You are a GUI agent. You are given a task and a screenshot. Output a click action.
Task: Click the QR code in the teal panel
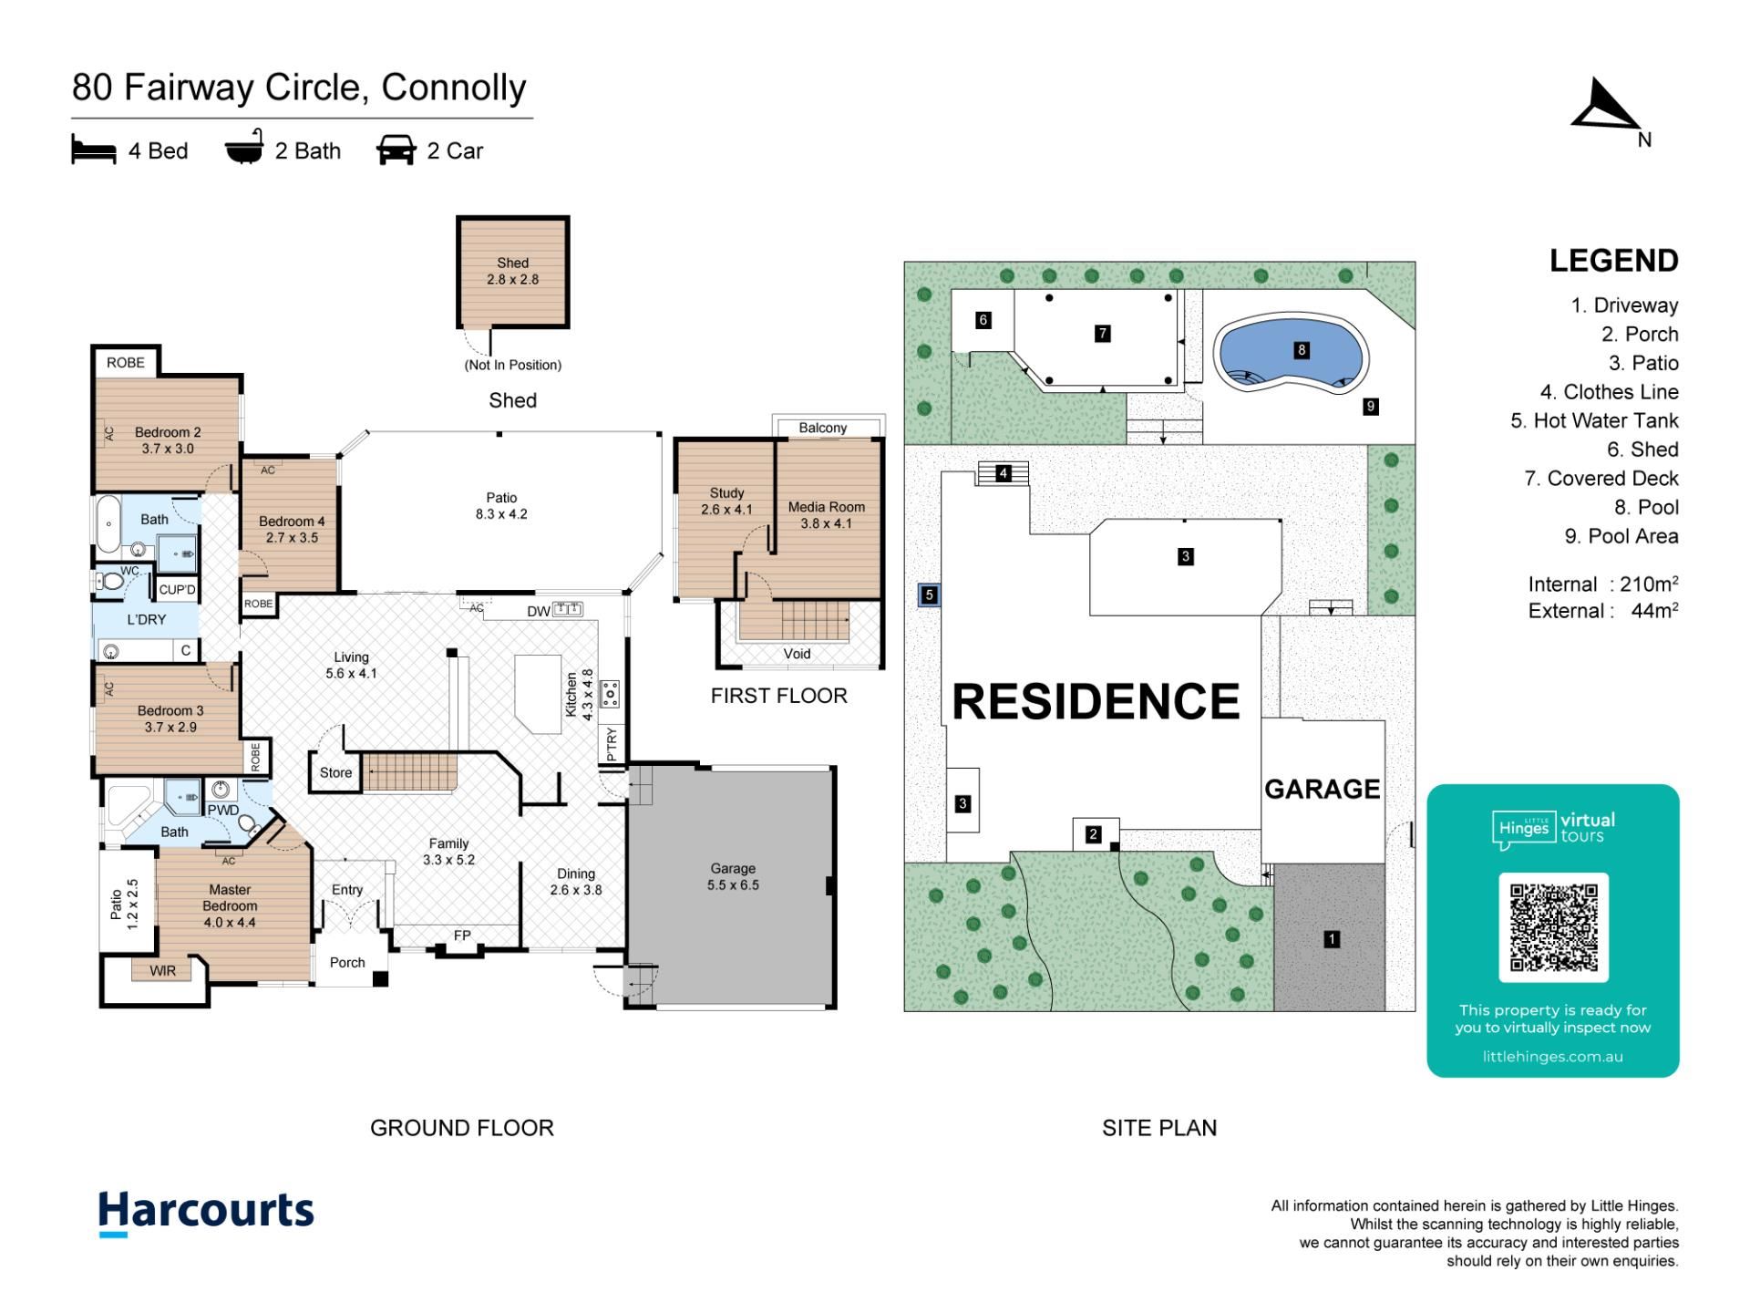click(x=1553, y=927)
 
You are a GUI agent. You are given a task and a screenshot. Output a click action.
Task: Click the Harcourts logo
click(x=206, y=1213)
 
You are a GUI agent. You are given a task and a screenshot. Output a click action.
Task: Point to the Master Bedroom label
click(x=230, y=905)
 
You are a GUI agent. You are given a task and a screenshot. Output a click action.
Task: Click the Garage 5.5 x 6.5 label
click(x=733, y=876)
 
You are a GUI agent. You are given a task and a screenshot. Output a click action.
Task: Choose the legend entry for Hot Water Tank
click(x=1594, y=420)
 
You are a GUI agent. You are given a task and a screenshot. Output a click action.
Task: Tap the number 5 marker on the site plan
click(x=929, y=595)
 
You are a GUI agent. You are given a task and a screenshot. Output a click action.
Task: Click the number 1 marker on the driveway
click(x=1332, y=938)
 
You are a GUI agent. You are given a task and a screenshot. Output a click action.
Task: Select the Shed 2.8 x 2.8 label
click(x=512, y=271)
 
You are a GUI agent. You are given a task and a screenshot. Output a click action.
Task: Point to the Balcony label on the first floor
click(x=822, y=428)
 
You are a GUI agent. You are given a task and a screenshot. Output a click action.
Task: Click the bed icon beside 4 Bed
click(x=94, y=150)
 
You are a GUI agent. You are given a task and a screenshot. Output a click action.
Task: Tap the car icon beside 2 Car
click(x=396, y=150)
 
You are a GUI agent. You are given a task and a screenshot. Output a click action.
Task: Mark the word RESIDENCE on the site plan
click(x=1096, y=701)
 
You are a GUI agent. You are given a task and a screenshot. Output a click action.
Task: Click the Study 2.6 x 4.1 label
click(x=726, y=501)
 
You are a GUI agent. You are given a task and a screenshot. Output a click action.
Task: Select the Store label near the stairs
click(x=335, y=772)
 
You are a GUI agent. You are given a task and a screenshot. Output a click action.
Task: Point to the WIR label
click(x=163, y=971)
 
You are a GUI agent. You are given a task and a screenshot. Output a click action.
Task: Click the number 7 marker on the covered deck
click(x=1103, y=334)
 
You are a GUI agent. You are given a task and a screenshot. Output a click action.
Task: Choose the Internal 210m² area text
click(x=1603, y=584)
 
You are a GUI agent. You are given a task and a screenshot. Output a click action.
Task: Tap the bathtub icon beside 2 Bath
click(x=244, y=147)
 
